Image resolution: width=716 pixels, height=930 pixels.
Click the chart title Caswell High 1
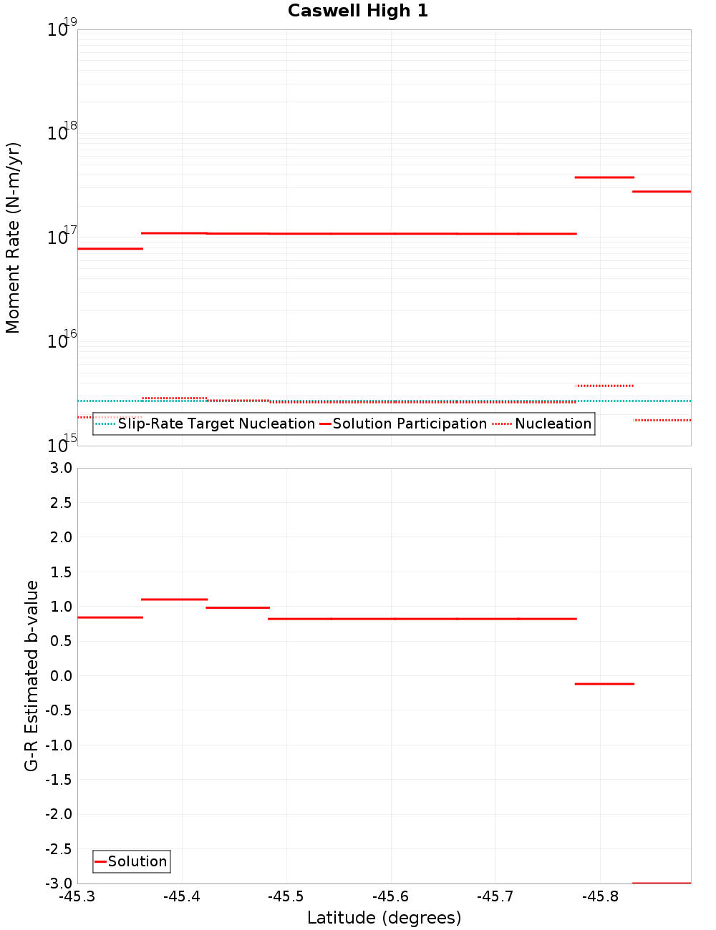click(357, 11)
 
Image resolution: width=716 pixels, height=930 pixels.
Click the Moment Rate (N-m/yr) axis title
click(13, 238)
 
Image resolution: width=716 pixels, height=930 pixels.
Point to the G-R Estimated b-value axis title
click(32, 675)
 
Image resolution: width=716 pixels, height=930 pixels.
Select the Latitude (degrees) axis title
click(384, 918)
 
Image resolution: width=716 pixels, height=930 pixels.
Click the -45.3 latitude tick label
click(77, 896)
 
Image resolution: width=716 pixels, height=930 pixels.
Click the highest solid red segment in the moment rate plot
click(604, 177)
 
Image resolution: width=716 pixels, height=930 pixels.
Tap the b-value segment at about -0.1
click(604, 684)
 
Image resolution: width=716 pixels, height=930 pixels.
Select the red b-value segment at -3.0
click(662, 883)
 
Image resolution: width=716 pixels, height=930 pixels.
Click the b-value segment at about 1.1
click(174, 599)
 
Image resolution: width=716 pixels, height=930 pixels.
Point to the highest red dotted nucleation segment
click(604, 386)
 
